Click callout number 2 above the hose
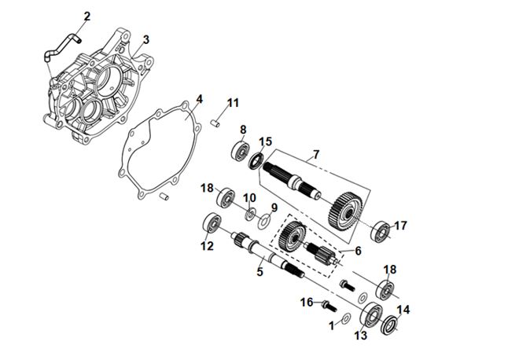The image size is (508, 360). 87,16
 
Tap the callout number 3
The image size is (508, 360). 146,39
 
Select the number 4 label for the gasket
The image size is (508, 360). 200,99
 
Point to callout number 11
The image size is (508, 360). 233,103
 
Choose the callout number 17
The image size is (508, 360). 400,226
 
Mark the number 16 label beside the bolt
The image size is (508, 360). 307,303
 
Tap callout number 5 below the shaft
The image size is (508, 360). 260,271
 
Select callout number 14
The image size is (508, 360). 404,310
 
